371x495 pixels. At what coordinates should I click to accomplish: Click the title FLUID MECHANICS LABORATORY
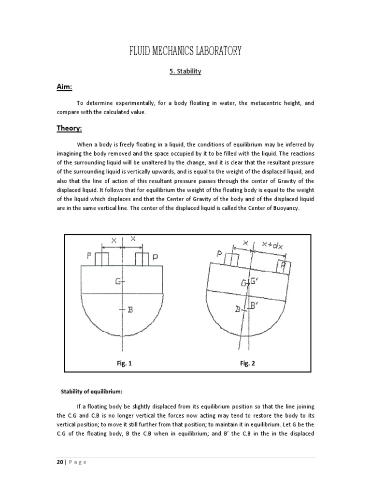[185, 51]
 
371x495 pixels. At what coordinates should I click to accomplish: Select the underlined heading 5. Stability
[185, 72]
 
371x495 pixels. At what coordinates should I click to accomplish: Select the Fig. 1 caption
[124, 364]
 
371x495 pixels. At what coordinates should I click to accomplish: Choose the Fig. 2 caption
[247, 364]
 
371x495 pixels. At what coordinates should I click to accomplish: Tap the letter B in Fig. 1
[129, 309]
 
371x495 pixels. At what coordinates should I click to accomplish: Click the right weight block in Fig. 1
[142, 259]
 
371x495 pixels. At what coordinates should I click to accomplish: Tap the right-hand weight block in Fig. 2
[283, 265]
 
